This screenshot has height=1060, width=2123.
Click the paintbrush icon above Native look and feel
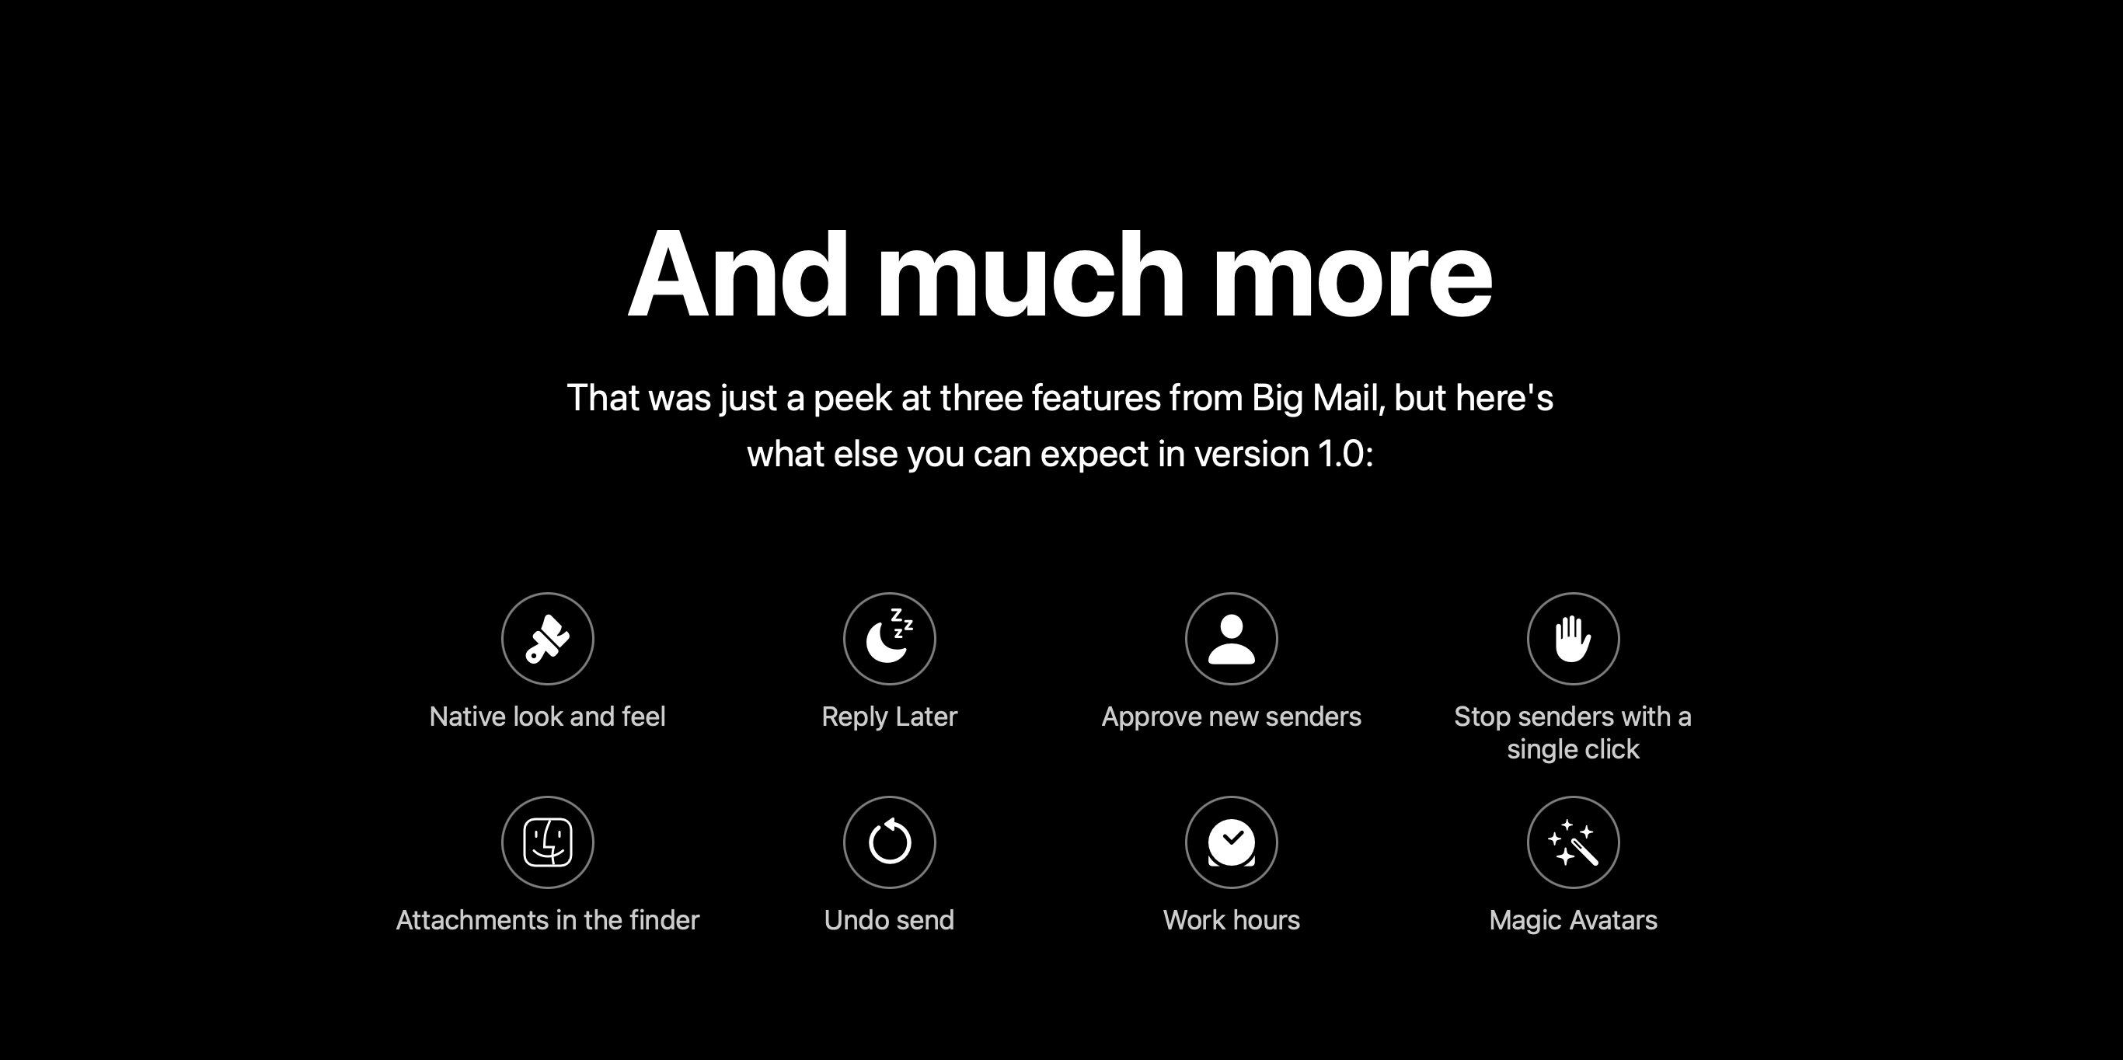point(547,639)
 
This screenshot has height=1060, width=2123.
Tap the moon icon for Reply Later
point(889,639)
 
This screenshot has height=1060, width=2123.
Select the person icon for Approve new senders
point(1231,639)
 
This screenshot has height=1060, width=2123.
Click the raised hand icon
point(1573,639)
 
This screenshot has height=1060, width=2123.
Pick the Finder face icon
point(547,842)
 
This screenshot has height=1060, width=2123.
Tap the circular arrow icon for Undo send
point(889,842)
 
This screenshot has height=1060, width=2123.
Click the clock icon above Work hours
point(1231,842)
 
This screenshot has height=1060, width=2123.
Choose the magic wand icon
point(1573,842)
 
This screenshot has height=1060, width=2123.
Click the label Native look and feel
point(547,717)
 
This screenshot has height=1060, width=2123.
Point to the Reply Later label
point(889,717)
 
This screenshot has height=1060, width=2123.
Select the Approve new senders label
point(1231,717)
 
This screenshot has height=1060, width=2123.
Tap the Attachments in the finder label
point(547,920)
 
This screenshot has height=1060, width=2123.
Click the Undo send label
point(889,920)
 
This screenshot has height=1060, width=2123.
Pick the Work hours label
point(1231,920)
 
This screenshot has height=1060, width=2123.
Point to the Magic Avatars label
point(1573,920)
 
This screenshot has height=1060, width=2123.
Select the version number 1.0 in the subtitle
point(1342,454)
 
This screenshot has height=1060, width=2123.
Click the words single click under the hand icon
point(1573,749)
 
